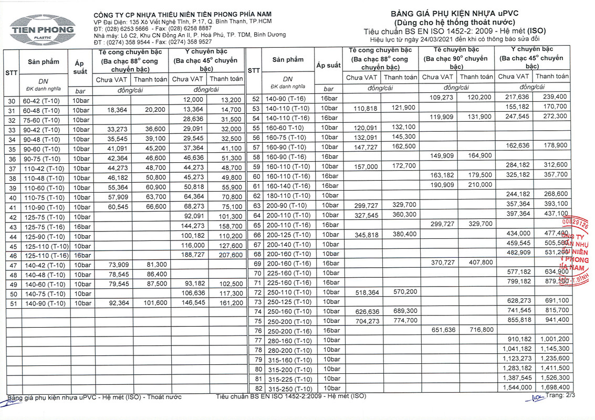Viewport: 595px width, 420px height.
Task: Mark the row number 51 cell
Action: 11,303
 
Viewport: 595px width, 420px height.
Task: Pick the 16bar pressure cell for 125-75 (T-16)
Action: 81,226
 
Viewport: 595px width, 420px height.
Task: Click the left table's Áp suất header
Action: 80,67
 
